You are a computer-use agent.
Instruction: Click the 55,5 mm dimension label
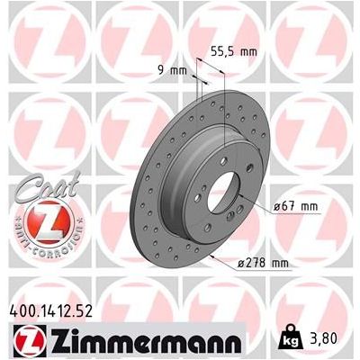tap(237, 53)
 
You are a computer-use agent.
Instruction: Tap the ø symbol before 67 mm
tap(274, 207)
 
